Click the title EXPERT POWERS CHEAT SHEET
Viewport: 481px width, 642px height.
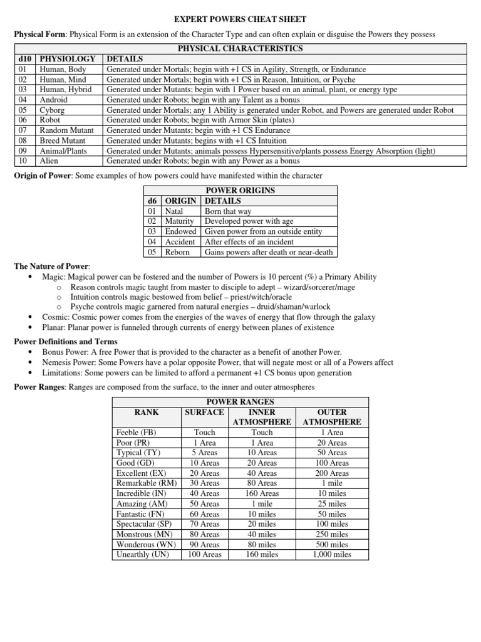(240, 19)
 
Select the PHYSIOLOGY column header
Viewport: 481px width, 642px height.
(67, 58)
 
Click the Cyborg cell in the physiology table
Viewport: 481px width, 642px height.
(53, 110)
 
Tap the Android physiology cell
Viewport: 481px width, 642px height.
(54, 100)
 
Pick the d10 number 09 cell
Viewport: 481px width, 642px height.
(23, 150)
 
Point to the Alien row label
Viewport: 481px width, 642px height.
(49, 161)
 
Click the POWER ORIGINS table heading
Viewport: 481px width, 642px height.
(240, 191)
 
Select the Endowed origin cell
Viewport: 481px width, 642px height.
(180, 231)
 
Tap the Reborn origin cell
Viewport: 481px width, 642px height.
(177, 252)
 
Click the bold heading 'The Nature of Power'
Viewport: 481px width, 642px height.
(52, 266)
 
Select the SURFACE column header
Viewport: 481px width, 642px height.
(204, 412)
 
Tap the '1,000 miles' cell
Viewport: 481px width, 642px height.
(331, 554)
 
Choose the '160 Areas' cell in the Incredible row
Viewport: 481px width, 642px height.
(262, 493)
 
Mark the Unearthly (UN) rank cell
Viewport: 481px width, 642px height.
(143, 554)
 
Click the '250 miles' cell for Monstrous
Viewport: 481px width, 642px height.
(331, 534)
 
